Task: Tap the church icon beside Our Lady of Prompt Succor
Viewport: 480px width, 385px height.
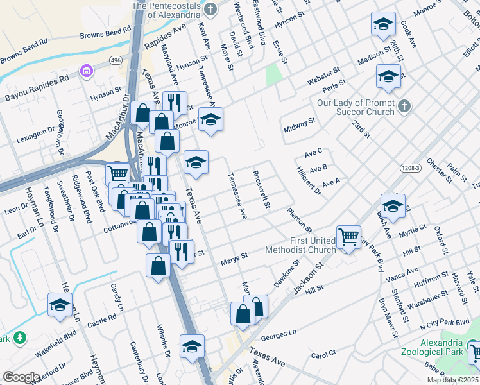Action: pos(404,106)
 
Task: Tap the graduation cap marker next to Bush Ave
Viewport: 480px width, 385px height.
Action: pos(393,205)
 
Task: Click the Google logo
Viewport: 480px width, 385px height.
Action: pos(21,377)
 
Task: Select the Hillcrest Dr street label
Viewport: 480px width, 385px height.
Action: pos(308,182)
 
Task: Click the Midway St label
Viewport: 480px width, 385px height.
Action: pos(300,125)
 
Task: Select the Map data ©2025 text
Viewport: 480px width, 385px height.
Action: pos(452,380)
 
